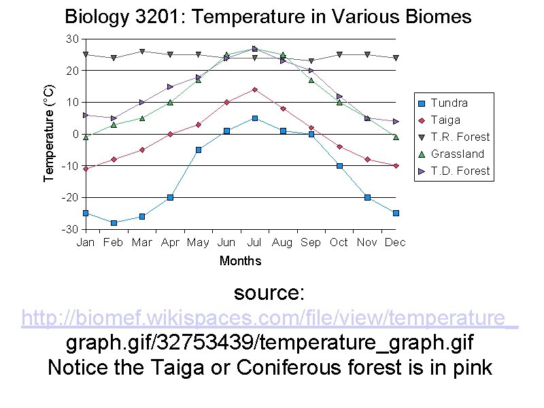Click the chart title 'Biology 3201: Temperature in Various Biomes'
click(x=267, y=17)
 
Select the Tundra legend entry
click(x=449, y=103)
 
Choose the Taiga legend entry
click(x=445, y=120)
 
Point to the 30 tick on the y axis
click(x=72, y=39)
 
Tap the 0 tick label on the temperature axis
click(x=75, y=134)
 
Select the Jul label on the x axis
click(x=254, y=242)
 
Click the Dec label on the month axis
click(x=395, y=242)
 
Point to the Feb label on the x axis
click(x=113, y=242)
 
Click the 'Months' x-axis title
click(x=240, y=261)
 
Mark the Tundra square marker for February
click(x=114, y=223)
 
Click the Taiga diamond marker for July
click(x=254, y=89)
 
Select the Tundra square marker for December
click(x=396, y=213)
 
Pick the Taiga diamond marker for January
click(x=86, y=169)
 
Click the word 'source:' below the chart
click(x=269, y=293)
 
